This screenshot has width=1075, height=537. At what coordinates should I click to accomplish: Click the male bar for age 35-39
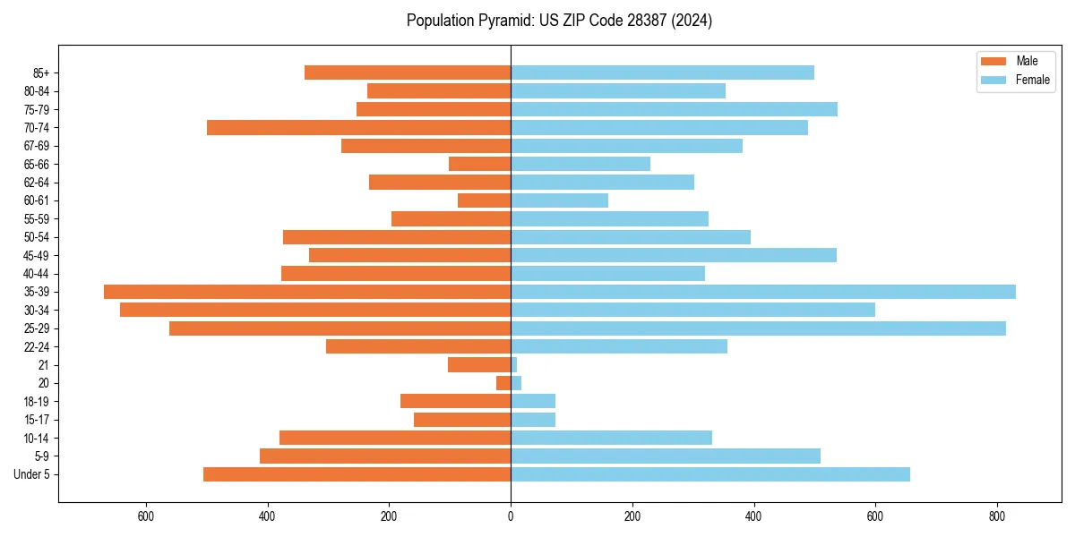(307, 292)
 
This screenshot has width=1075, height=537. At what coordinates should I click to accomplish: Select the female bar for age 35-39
(763, 292)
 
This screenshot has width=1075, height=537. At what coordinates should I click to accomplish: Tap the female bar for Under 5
(710, 474)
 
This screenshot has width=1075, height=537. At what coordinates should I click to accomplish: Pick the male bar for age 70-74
(358, 128)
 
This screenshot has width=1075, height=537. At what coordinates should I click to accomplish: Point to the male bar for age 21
(479, 365)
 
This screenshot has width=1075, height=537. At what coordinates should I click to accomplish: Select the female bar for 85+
(662, 72)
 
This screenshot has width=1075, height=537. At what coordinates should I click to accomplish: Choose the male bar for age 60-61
(484, 200)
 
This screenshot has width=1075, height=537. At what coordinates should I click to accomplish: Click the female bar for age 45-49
(674, 255)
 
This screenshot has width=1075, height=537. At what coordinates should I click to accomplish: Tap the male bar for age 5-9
(385, 456)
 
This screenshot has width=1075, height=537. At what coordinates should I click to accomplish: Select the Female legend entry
(1016, 80)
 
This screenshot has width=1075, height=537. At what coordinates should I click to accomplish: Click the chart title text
(559, 21)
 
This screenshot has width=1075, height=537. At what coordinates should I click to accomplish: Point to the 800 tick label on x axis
(997, 516)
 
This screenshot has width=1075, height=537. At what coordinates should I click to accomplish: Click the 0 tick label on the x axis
(511, 516)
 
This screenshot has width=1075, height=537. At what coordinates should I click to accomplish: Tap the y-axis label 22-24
(37, 347)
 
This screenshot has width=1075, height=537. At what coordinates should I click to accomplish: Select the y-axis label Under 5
(32, 474)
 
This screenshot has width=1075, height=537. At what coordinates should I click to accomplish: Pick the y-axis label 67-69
(37, 146)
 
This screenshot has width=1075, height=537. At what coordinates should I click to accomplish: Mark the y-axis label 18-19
(37, 402)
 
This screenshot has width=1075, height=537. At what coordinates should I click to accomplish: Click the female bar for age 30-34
(692, 310)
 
